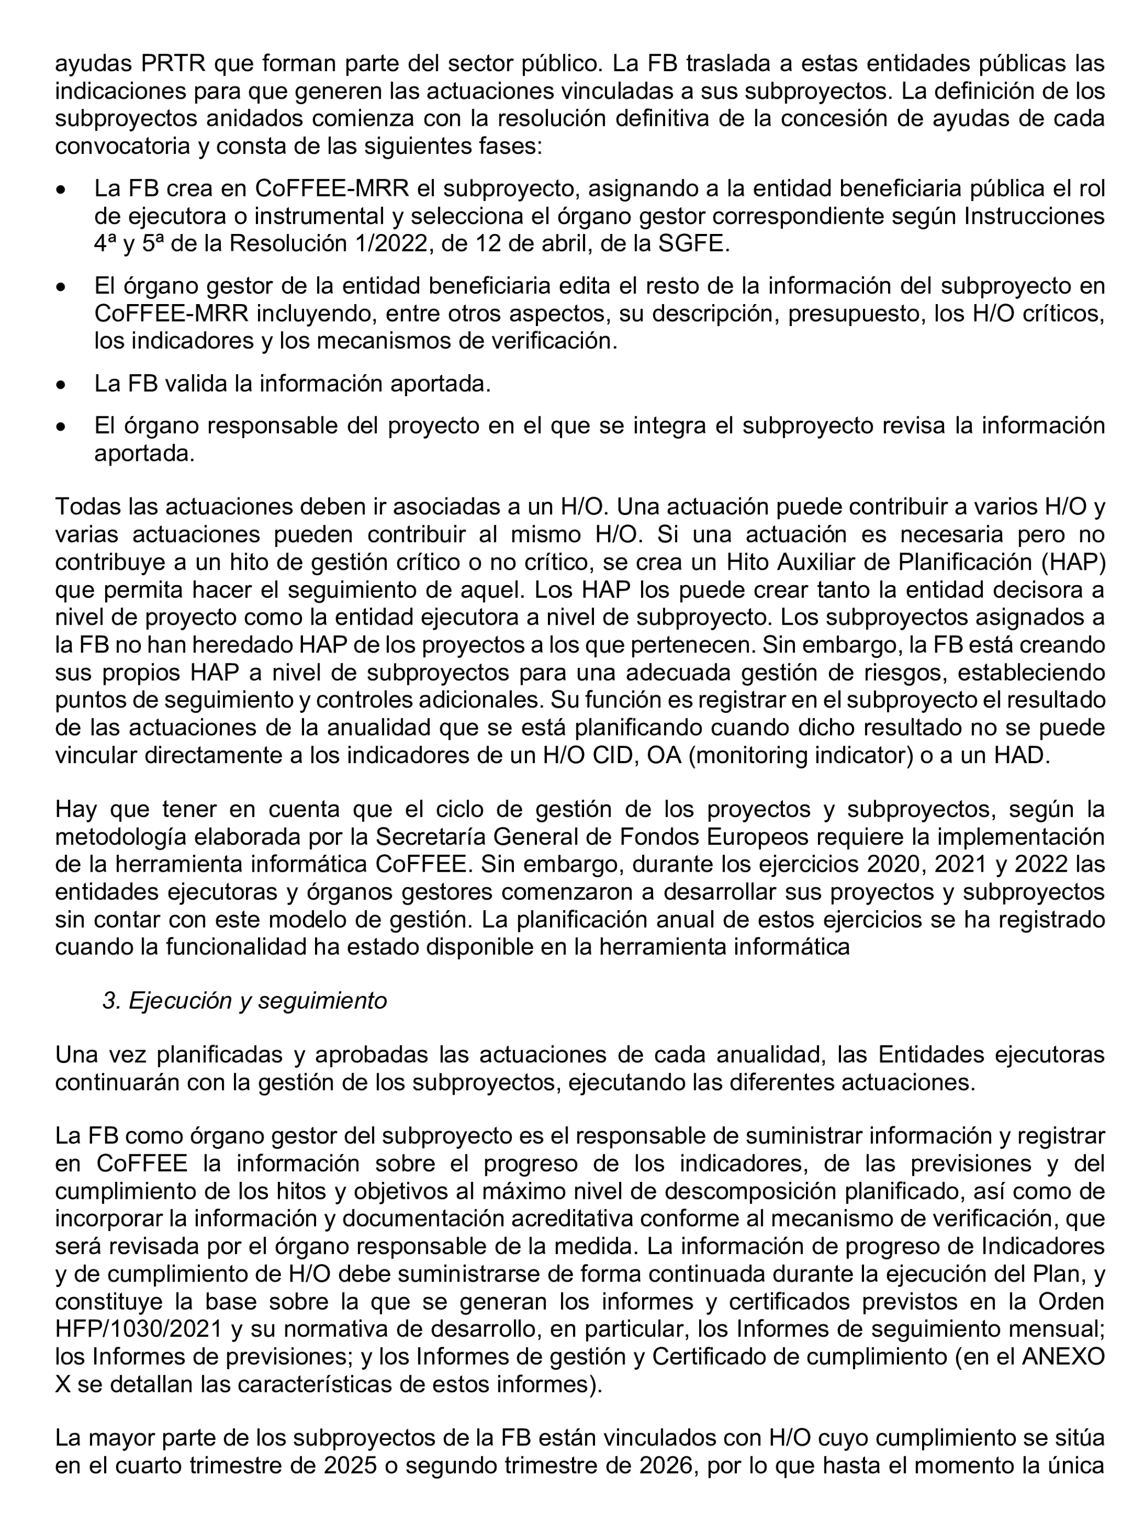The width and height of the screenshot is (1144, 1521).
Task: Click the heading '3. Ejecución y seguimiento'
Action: (245, 1000)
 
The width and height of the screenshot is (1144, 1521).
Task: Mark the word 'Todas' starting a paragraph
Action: (87, 506)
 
